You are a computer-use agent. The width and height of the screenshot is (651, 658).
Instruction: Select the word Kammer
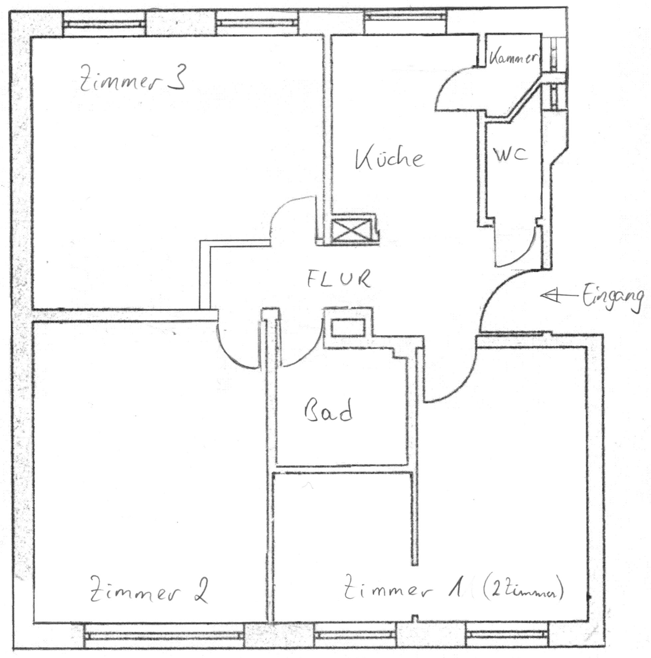point(513,58)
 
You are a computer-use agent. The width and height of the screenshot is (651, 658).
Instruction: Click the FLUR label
point(338,279)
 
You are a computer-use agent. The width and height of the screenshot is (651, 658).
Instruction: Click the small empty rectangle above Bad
point(348,327)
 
